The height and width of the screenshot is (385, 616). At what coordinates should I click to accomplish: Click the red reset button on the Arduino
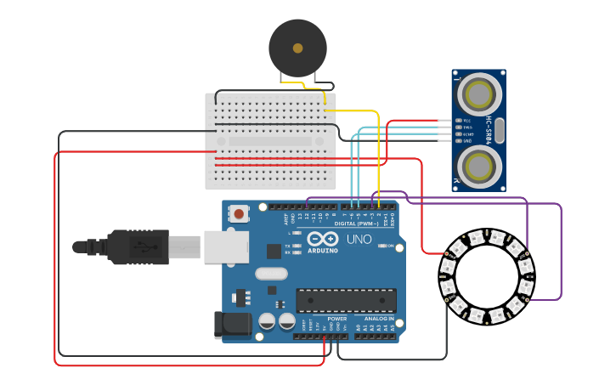[x=240, y=214]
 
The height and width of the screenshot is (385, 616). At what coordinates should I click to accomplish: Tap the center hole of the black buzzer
[x=297, y=48]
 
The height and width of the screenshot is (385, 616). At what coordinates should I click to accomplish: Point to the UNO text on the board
[x=359, y=240]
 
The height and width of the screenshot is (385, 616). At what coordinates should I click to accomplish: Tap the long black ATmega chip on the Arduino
[x=346, y=300]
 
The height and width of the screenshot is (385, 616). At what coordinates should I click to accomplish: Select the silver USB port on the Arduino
[x=226, y=246]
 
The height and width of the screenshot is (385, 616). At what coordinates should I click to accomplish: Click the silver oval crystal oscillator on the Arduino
[x=271, y=274]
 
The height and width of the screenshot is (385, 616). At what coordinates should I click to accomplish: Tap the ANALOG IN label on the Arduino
[x=380, y=319]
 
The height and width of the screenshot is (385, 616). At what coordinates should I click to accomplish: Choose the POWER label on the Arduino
[x=337, y=319]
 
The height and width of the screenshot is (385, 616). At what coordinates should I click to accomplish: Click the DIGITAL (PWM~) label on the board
[x=357, y=223]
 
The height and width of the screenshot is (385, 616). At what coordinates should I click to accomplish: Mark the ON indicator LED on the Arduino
[x=379, y=246]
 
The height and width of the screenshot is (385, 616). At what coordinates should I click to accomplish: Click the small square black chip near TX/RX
[x=274, y=251]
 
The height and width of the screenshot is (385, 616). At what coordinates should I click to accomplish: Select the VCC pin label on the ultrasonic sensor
[x=466, y=121]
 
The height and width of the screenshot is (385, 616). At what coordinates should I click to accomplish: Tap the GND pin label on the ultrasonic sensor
[x=466, y=140]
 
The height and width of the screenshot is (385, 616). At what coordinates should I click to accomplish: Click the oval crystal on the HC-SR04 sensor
[x=499, y=130]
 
